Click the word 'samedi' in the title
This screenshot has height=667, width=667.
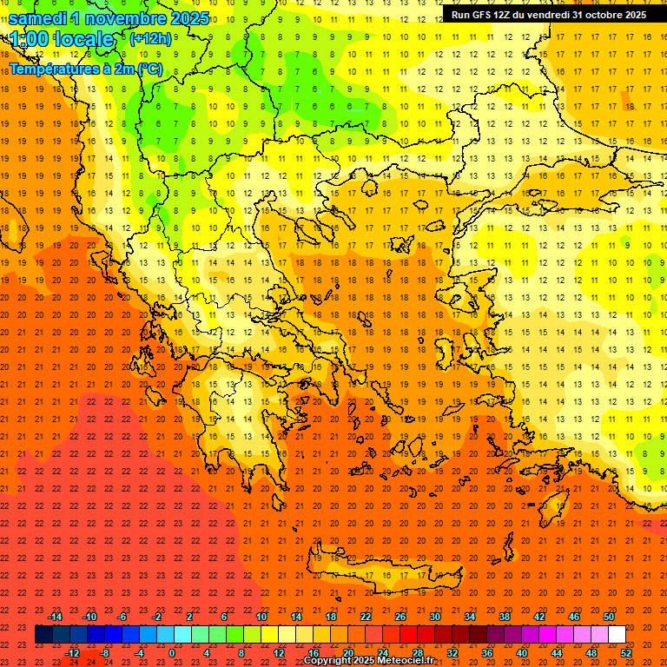coord(38,18)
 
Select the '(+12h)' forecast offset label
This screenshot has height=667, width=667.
coord(150,38)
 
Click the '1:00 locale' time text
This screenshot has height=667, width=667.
coord(61,39)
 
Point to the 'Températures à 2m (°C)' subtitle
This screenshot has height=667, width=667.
coord(85,69)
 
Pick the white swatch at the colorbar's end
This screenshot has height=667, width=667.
coord(617,635)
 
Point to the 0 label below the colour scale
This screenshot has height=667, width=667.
coord(172,653)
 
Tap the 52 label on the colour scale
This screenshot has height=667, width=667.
coord(626,653)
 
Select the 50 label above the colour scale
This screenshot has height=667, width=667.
coord(609,617)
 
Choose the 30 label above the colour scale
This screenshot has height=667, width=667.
coord(434,617)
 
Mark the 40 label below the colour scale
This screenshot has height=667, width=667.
coord(521,653)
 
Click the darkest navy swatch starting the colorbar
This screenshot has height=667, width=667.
coord(43,635)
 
